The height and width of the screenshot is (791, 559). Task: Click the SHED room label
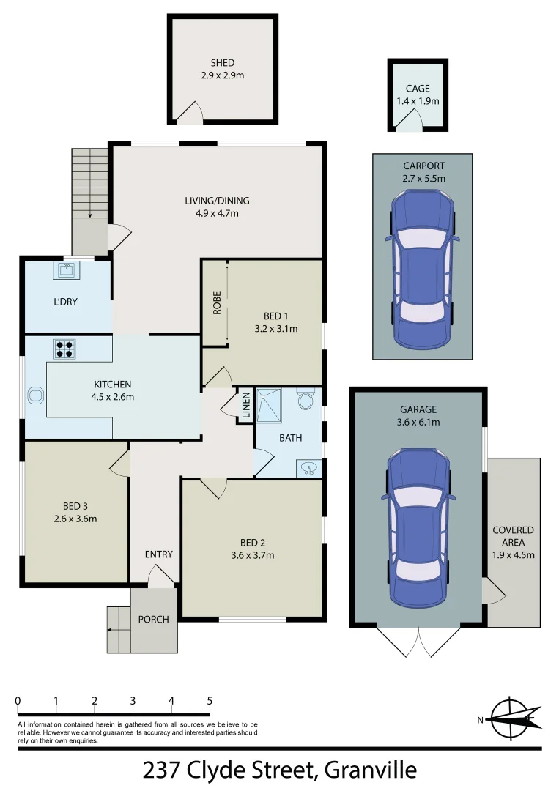222,64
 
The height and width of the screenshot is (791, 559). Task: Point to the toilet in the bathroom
306,400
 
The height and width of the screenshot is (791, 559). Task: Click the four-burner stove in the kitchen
64,349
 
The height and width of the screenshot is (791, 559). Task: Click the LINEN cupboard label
245,406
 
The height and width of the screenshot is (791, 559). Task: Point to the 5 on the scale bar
210,700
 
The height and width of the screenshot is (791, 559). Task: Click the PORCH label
153,620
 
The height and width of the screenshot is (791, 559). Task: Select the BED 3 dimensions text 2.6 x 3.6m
76,519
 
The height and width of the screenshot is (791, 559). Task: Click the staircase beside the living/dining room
89,183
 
